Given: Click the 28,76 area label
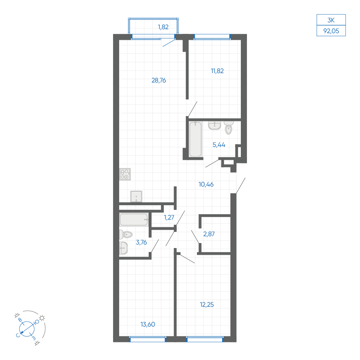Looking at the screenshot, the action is coord(159,80).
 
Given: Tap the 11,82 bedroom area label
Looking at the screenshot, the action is coord(217,71).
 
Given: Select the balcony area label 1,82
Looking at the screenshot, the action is coord(163,27).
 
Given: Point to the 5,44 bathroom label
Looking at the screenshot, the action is coord(219,145).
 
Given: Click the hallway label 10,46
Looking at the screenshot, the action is coord(206,184).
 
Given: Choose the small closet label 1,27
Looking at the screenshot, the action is coord(169,217).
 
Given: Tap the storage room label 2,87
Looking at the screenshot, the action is coord(209,234).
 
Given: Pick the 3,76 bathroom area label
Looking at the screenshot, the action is coord(141,242).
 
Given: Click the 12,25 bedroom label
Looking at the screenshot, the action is coord(207,305).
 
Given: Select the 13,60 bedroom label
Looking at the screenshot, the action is coord(148,324).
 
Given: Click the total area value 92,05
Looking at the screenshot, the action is coord(331,31).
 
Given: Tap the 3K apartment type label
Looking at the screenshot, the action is coord(331,20).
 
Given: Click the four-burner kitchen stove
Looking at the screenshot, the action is coord(125,174).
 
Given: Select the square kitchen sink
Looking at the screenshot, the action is coord(136,197).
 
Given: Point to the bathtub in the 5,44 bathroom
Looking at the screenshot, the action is coord(195,139).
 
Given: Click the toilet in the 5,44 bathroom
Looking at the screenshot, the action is coord(229,128).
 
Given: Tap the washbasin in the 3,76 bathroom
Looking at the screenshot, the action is coord(123,248).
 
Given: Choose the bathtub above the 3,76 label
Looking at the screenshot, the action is coord(134,220).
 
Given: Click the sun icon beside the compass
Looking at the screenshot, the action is coord(42,318).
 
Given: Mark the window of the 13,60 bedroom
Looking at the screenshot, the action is coord(148,339).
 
